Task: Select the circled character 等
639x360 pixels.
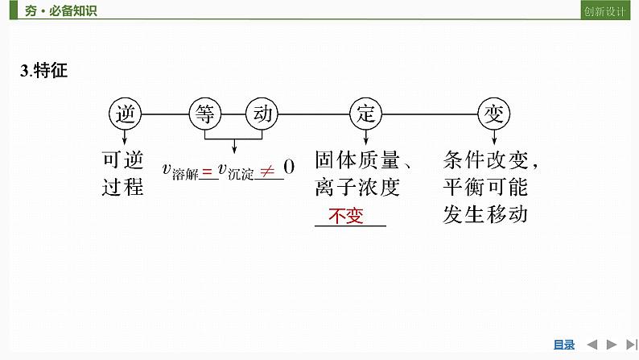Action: (204, 114)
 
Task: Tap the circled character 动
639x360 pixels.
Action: (263, 114)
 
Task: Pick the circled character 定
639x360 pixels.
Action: (366, 114)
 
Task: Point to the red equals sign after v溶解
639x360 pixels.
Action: (207, 170)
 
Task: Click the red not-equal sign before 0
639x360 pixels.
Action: (266, 168)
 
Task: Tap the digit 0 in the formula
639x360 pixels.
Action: (289, 168)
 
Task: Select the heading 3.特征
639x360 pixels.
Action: (44, 71)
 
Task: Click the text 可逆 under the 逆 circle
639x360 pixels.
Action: (123, 159)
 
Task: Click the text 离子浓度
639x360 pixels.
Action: (357, 187)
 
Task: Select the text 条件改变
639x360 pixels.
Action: (485, 159)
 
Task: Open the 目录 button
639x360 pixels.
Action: (564, 345)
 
